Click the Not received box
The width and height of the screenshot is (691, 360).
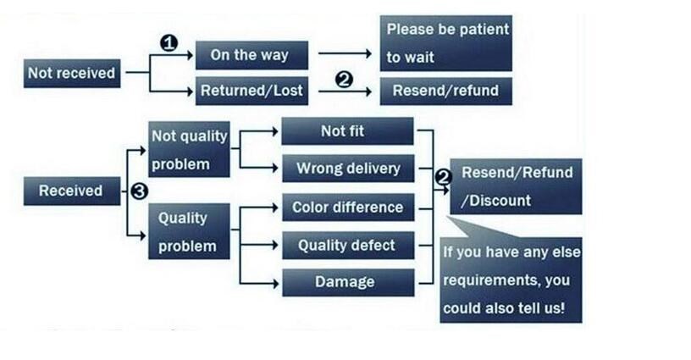click(x=71, y=73)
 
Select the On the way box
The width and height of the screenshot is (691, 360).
click(x=249, y=55)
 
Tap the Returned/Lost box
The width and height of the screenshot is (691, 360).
click(x=251, y=91)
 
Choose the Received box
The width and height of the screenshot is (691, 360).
click(x=70, y=191)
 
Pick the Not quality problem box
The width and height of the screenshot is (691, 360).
click(x=189, y=149)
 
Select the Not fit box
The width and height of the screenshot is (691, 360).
click(x=346, y=130)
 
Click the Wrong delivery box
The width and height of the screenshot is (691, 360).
click(x=347, y=169)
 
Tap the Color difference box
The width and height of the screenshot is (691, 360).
click(x=347, y=208)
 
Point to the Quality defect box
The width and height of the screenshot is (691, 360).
click(x=346, y=246)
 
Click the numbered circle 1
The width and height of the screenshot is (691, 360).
click(x=169, y=42)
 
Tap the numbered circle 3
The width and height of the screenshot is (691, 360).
click(x=139, y=191)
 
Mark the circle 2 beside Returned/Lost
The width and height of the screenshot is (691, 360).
click(x=344, y=80)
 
